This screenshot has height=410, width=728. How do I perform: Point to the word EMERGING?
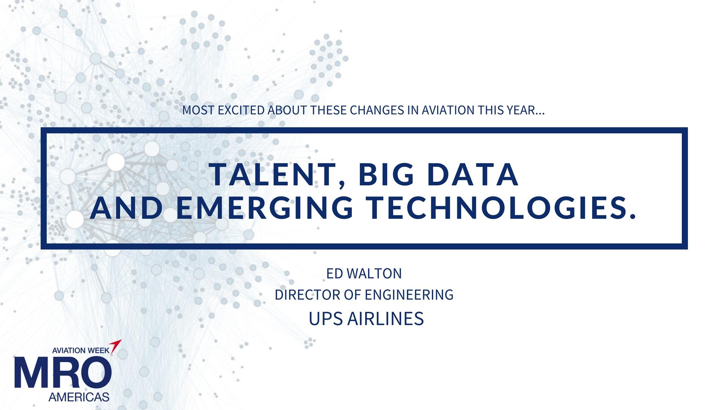(265, 208)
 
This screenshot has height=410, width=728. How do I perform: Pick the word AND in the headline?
(126, 208)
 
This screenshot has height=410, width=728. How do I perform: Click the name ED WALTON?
(364, 274)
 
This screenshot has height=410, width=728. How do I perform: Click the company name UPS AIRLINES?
(366, 319)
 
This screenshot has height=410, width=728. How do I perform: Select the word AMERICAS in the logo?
(79, 397)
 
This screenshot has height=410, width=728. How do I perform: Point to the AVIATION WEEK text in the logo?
(80, 350)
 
